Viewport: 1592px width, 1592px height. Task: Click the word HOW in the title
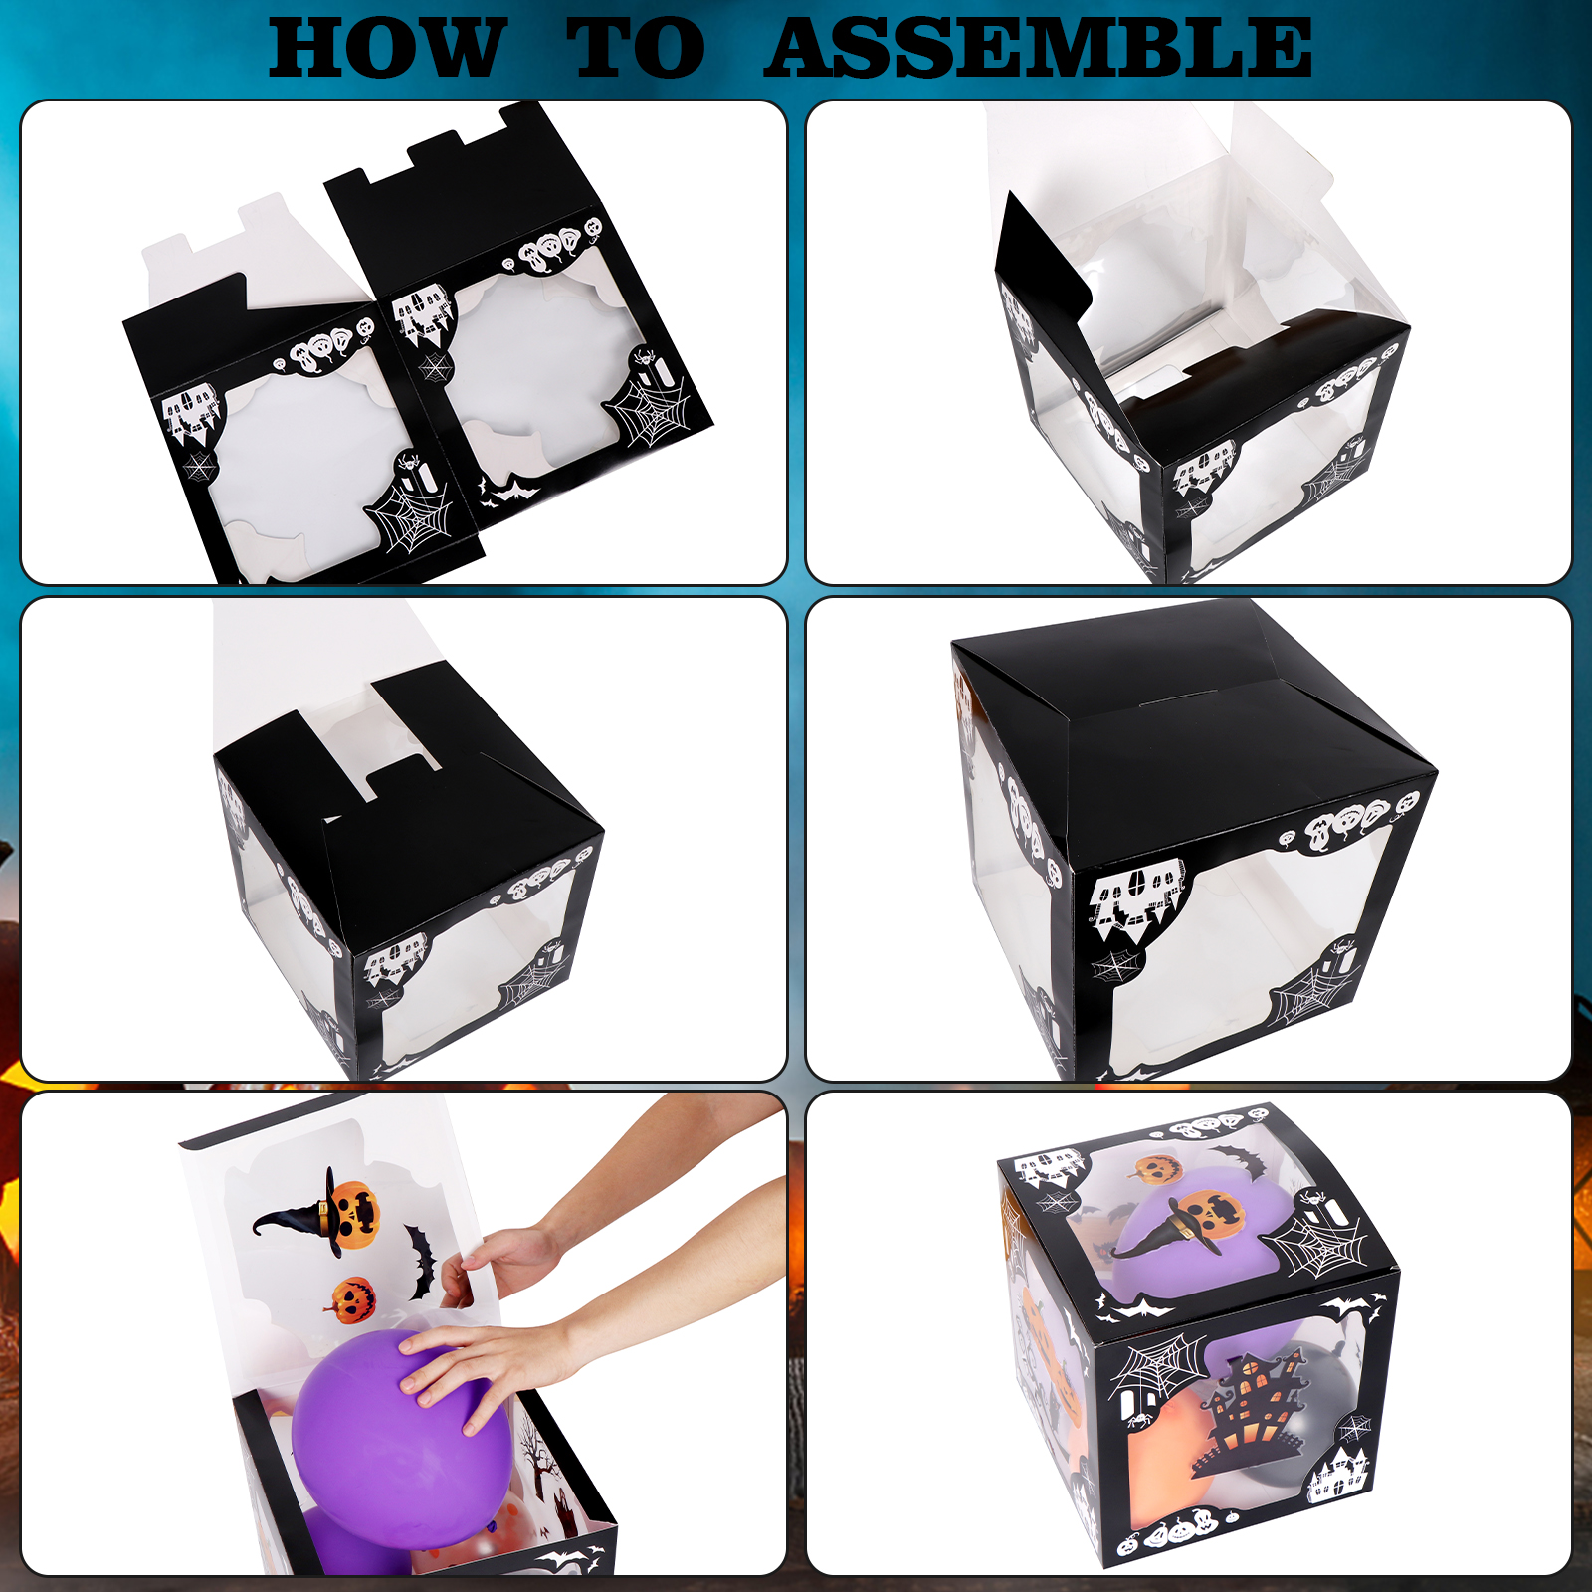click(x=386, y=49)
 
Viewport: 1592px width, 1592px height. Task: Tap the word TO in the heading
click(x=636, y=49)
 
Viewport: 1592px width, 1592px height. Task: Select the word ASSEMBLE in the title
click(x=1039, y=49)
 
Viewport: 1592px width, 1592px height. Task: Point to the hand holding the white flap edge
click(x=502, y=1259)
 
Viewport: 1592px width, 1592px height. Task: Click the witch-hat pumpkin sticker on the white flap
click(x=323, y=1211)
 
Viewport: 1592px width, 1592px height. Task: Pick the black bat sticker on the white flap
click(x=421, y=1263)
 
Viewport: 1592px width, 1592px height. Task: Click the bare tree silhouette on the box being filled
click(x=538, y=1464)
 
